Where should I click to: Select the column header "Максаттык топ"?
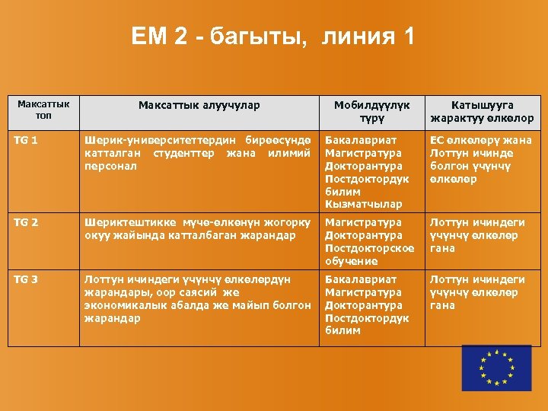pyautogui.click(x=43, y=110)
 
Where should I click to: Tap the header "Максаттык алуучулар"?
pyautogui.click(x=199, y=106)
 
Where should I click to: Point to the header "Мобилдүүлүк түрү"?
pyautogui.click(x=373, y=112)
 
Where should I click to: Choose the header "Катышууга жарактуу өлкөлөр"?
pyautogui.click(x=482, y=112)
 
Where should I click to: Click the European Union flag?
pyautogui.click(x=497, y=368)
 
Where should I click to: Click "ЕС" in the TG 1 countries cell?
pyautogui.click(x=438, y=140)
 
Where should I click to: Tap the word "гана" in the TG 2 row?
pyautogui.click(x=443, y=248)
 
